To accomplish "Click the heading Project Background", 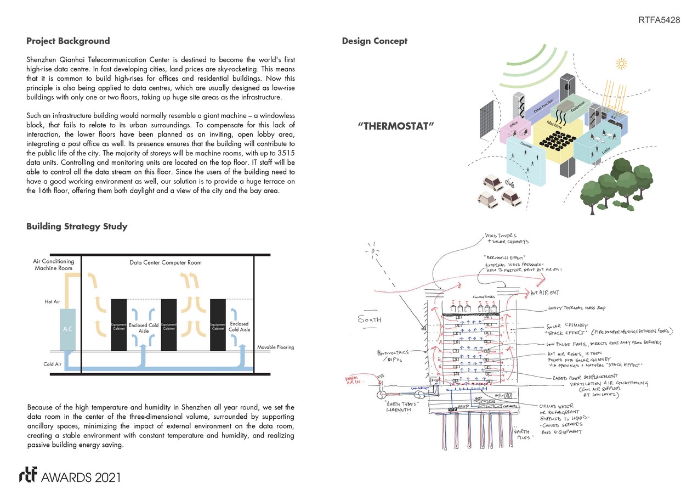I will (68, 41).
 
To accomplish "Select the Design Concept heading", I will (374, 41).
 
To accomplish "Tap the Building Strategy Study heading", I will (77, 227).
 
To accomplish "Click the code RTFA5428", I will (659, 20).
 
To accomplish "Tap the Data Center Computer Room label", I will (165, 262).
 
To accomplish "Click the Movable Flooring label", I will (275, 347).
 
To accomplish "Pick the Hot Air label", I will (52, 302).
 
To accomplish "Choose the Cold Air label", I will (52, 364).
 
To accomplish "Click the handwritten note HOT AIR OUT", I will (545, 293).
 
